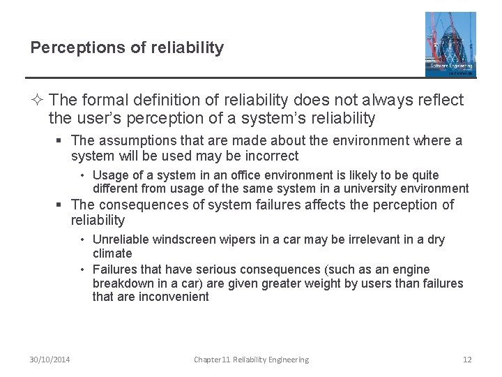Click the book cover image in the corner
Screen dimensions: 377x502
pyautogui.click(x=450, y=43)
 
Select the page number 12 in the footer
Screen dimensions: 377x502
pyautogui.click(x=467, y=360)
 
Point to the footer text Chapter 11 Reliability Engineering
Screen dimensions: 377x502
pyautogui.click(x=251, y=360)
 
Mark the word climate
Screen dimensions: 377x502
pyautogui.click(x=112, y=253)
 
